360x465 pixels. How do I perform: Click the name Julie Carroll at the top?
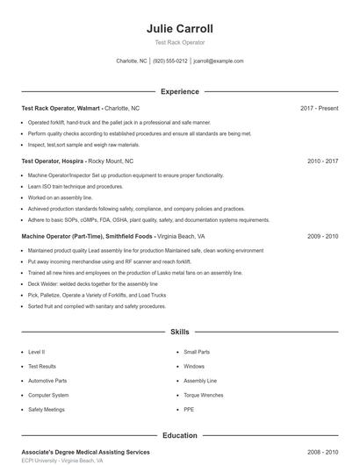[179, 29]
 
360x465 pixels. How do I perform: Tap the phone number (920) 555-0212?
[169, 61]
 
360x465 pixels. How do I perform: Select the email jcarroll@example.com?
[218, 61]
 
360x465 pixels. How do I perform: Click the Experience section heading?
[179, 91]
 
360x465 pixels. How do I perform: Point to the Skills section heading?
[179, 333]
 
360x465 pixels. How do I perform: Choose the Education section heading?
[179, 435]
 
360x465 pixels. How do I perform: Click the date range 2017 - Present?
[319, 108]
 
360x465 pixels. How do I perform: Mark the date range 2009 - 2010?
[323, 236]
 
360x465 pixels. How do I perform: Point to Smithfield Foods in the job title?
[130, 236]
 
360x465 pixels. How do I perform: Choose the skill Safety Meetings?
[46, 410]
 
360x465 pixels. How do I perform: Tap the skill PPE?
[189, 410]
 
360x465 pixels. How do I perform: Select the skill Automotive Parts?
[47, 381]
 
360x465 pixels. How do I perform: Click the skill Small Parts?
[197, 352]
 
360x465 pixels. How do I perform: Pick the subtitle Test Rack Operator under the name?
[179, 43]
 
